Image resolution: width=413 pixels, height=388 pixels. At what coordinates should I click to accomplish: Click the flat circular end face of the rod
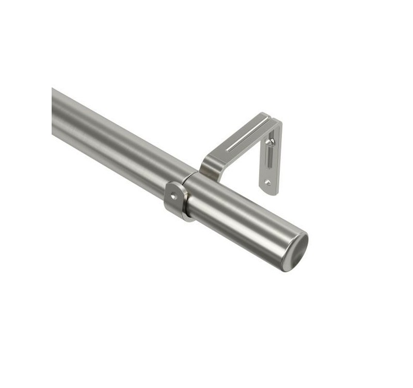pos(295,251)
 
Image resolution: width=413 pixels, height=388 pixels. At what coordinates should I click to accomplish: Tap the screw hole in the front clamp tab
pos(174,196)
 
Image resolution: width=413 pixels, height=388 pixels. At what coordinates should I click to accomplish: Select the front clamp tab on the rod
pos(174,199)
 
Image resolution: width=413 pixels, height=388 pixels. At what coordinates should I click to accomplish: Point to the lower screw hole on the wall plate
pos(267,182)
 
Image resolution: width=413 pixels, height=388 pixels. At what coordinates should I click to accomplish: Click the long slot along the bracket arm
pos(247,137)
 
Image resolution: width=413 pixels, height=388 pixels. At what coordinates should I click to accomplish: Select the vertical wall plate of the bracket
pos(271,160)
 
